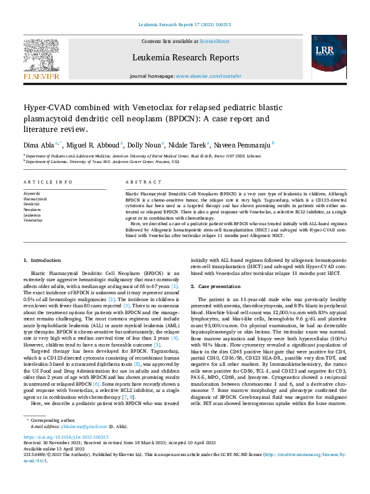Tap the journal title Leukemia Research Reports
tap(185, 57)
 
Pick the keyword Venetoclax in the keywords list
tap(33, 220)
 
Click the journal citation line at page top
tap(185, 25)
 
